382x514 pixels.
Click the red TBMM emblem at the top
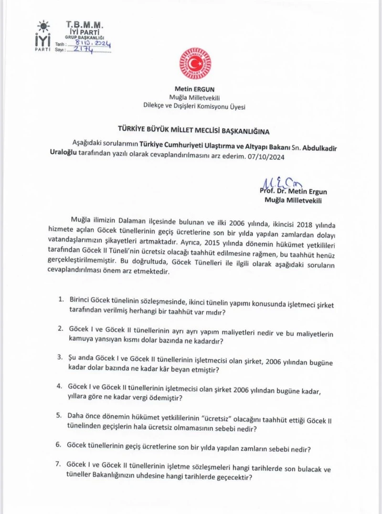tap(195, 63)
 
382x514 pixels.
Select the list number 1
tap(61, 299)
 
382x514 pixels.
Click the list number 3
tap(61, 357)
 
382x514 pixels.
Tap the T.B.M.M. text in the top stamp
tap(84, 24)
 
